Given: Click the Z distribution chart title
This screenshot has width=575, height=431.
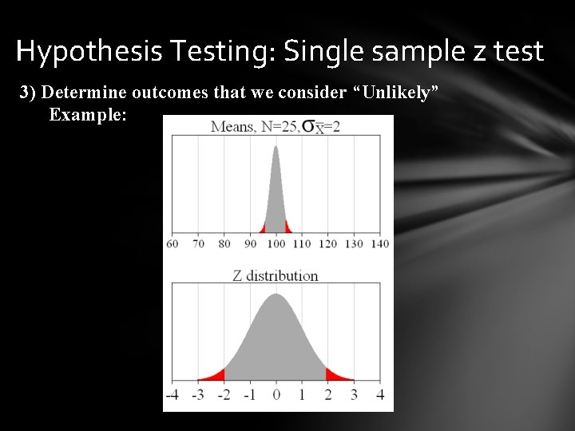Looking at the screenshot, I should click(x=276, y=276).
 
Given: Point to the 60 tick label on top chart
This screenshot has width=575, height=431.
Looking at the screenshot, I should click(x=172, y=243).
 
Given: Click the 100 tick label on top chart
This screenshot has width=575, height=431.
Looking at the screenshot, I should click(x=276, y=243).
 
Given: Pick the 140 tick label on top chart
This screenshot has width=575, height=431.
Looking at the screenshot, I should click(x=379, y=243).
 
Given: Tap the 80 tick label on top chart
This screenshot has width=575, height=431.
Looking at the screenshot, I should click(x=224, y=243).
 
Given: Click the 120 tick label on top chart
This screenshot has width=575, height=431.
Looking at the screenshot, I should click(x=327, y=243).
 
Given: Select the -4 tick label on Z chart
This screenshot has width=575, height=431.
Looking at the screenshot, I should click(x=172, y=395).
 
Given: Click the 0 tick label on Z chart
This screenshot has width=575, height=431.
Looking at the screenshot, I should click(x=276, y=395).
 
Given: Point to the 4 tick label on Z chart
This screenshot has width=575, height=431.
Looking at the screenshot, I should click(x=379, y=395).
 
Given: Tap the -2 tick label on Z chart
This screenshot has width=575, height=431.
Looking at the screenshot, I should click(x=223, y=395).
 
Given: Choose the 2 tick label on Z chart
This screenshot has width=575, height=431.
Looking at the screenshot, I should click(x=327, y=395).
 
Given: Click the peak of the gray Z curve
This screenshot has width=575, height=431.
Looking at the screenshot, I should click(x=276, y=298).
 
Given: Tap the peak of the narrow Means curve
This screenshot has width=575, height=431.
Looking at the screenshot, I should click(x=276, y=148).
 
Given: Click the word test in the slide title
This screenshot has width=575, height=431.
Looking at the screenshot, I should click(x=517, y=52).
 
